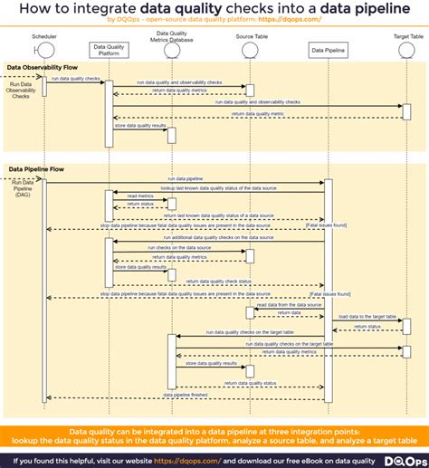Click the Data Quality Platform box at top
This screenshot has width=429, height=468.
(108, 48)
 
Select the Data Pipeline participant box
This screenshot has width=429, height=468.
(327, 50)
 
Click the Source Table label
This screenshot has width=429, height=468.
(250, 37)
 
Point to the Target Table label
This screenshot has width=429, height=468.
(408, 37)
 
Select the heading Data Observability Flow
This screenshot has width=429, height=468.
(42, 68)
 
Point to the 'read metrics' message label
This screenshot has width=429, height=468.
(139, 196)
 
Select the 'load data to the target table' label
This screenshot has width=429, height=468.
(367, 317)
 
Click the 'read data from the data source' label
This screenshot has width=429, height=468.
(288, 305)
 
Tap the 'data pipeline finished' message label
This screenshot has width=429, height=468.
(185, 395)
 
